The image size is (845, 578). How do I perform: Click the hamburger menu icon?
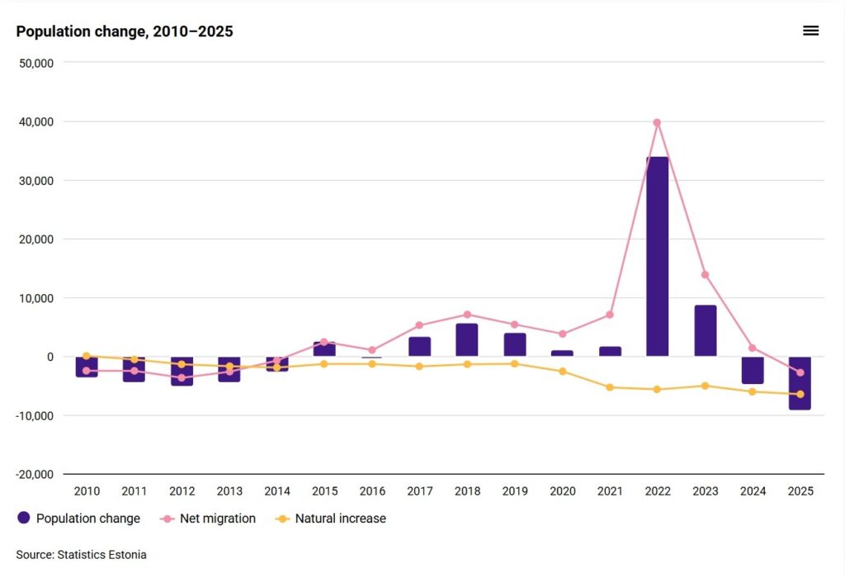pos(810,31)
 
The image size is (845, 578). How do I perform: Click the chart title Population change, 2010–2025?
pos(125,32)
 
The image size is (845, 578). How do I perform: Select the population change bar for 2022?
pos(657,257)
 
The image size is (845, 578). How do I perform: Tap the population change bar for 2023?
pos(705,331)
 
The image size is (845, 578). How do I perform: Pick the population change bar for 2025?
pos(800,383)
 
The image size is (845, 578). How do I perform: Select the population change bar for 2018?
pos(467,340)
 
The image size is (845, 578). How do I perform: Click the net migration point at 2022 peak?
pos(657,122)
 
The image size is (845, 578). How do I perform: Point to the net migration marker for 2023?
pos(705,275)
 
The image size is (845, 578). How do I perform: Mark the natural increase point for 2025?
pos(800,394)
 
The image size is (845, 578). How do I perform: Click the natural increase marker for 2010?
pos(87,356)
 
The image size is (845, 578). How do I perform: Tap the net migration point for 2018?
pos(467,315)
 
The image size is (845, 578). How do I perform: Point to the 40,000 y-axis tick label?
pos(35,121)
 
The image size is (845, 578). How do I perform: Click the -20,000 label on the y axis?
pos(34,474)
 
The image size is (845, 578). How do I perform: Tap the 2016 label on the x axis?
pos(372,491)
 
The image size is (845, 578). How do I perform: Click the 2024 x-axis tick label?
pos(752,491)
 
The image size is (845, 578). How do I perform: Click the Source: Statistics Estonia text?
pos(81,555)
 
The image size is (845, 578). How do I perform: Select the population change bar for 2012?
pos(182,372)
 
